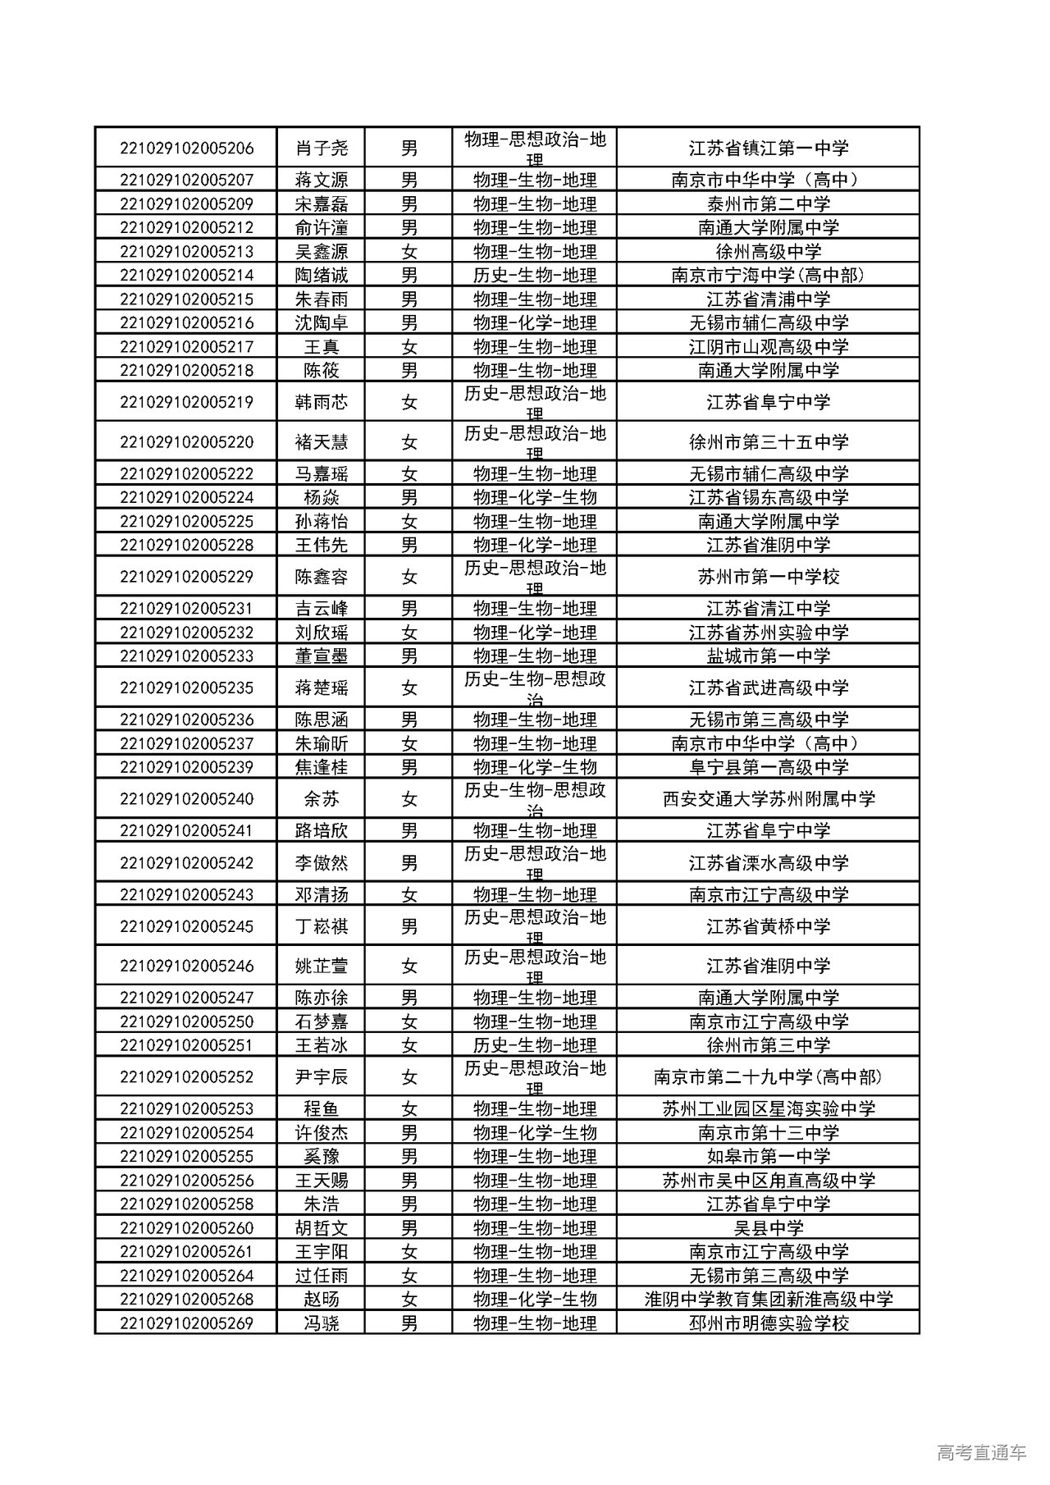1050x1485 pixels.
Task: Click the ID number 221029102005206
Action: [186, 148]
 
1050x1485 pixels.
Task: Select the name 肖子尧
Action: [322, 148]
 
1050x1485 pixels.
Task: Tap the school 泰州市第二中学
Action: [768, 204]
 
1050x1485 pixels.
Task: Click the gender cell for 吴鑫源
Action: [409, 252]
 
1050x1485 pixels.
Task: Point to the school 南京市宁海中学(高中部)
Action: [768, 276]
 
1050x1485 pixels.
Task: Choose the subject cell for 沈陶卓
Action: [535, 323]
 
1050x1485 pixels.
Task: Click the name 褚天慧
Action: [322, 442]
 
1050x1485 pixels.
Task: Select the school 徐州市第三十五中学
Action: [768, 442]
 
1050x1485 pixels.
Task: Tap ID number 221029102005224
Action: [186, 497]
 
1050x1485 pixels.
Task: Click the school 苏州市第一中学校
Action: [768, 577]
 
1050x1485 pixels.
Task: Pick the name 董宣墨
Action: [322, 656]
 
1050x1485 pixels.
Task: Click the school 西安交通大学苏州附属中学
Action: [768, 799]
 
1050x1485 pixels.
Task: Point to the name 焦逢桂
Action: [322, 767]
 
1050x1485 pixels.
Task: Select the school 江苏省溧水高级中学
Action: [768, 863]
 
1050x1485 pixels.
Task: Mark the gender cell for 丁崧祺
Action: [409, 926]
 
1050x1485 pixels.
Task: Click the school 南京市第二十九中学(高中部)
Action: [768, 1077]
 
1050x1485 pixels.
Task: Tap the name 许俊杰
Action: [322, 1133]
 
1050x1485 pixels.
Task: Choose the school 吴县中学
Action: [768, 1228]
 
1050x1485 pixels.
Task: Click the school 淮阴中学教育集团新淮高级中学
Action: [768, 1300]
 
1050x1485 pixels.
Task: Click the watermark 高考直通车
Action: [981, 1452]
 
